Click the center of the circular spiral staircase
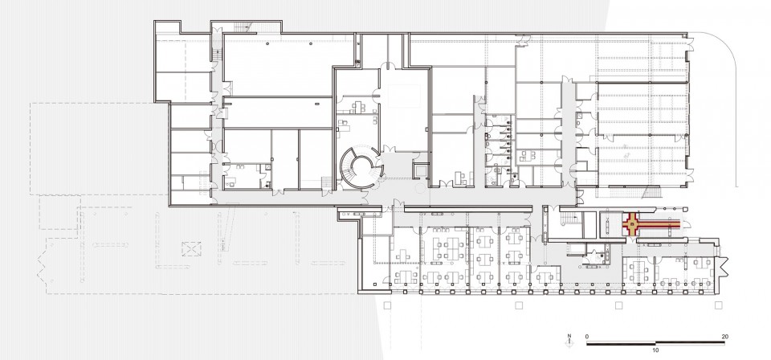[362, 166]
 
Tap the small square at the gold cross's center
[632, 225]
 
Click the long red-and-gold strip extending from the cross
[659, 225]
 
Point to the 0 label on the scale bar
[587, 337]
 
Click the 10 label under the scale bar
[655, 350]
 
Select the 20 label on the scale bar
[724, 337]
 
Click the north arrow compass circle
[569, 344]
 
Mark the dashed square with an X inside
[191, 249]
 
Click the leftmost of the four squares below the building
[387, 305]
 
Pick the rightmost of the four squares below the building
[718, 305]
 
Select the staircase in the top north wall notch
[243, 27]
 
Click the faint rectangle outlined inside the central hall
[404, 96]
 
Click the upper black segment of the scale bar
[690, 342]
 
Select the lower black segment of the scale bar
[621, 344]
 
